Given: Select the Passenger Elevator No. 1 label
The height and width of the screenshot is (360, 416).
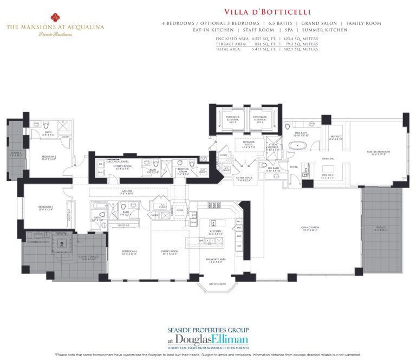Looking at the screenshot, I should [259, 119].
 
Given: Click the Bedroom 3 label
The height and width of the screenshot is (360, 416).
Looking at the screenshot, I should [45, 207].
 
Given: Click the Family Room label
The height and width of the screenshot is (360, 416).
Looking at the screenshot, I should [170, 253].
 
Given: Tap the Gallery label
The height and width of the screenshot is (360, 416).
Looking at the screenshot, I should [127, 191].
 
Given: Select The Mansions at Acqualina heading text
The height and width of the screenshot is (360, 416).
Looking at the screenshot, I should [55, 25].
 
